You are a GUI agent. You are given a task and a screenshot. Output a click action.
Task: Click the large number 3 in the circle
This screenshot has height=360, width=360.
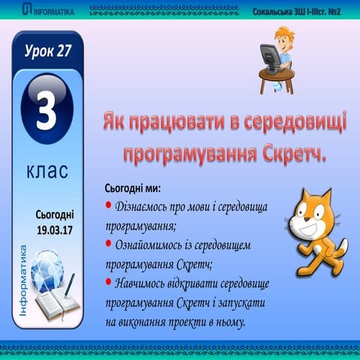46,112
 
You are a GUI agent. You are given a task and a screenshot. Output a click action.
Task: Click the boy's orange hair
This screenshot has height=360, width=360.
286,30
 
